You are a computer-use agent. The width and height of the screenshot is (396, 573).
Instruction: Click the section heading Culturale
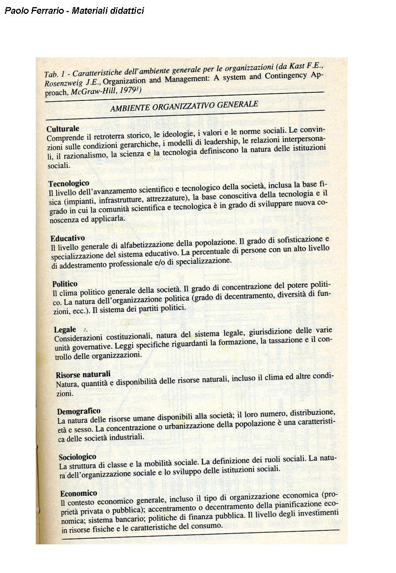click(63, 128)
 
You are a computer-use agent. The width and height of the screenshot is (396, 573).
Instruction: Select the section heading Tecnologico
click(69, 183)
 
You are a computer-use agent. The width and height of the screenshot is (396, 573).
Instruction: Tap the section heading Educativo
click(68, 239)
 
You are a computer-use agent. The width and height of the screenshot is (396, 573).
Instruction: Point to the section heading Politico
click(65, 284)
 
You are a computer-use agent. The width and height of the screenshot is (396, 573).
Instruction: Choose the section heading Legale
click(65, 329)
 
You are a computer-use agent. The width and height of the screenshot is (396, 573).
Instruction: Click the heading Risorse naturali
click(83, 374)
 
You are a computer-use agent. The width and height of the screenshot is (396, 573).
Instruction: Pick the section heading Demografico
click(79, 411)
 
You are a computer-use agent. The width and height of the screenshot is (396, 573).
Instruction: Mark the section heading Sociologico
click(78, 457)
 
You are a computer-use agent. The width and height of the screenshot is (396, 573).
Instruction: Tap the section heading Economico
click(79, 493)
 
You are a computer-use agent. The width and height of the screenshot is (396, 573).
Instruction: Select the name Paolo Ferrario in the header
click(30, 10)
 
